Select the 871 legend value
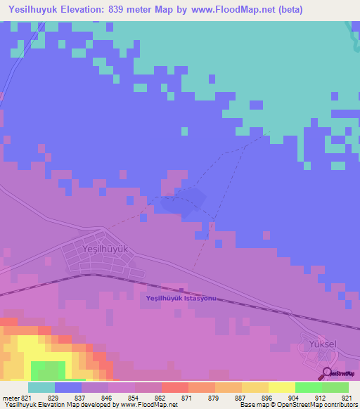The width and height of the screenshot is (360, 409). pyautogui.click(x=174, y=398)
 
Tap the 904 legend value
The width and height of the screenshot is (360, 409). pyautogui.click(x=282, y=398)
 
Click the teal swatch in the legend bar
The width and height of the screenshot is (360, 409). pyautogui.click(x=41, y=387)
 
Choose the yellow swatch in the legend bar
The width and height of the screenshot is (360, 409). pyautogui.click(x=281, y=387)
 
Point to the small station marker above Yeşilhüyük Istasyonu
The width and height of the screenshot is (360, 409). pyautogui.click(x=181, y=290)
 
